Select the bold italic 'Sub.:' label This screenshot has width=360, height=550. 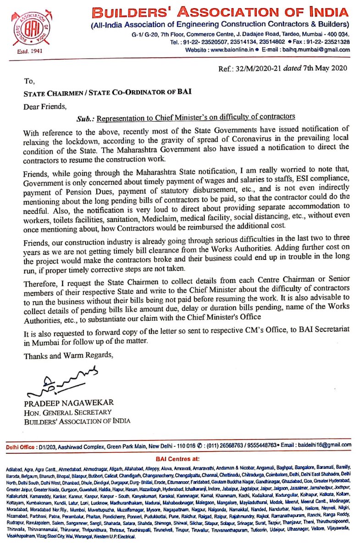point(86,117)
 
